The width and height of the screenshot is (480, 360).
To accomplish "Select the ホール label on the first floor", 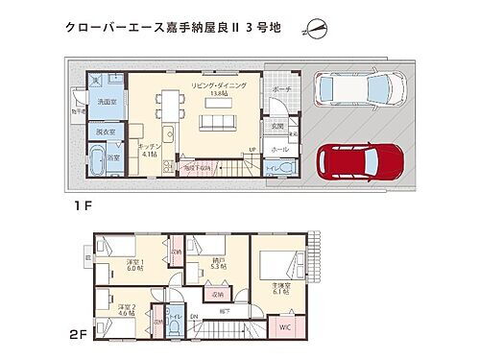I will pos(279,151).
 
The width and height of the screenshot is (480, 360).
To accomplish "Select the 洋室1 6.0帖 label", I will pos(135,265).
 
